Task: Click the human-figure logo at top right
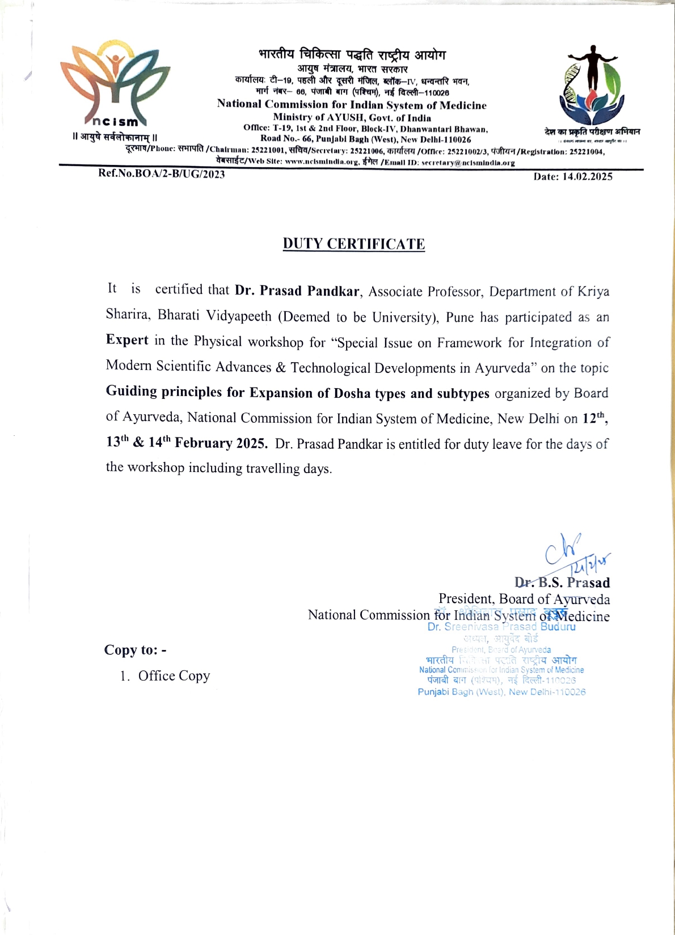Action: click(x=592, y=85)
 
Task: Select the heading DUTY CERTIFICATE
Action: click(x=354, y=244)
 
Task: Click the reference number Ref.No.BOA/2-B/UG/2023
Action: click(x=162, y=174)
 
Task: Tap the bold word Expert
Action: click(x=127, y=340)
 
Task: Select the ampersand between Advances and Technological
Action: click(x=281, y=368)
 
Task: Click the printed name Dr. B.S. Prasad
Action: click(x=562, y=583)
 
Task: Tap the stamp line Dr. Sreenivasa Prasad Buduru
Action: click(x=501, y=627)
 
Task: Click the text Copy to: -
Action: click(x=135, y=650)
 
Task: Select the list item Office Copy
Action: click(x=174, y=676)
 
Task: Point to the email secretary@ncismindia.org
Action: click(x=468, y=163)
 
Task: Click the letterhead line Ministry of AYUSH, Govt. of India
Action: click(x=352, y=118)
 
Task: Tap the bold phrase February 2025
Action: click(x=221, y=443)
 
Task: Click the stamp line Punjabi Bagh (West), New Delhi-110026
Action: click(x=501, y=692)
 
